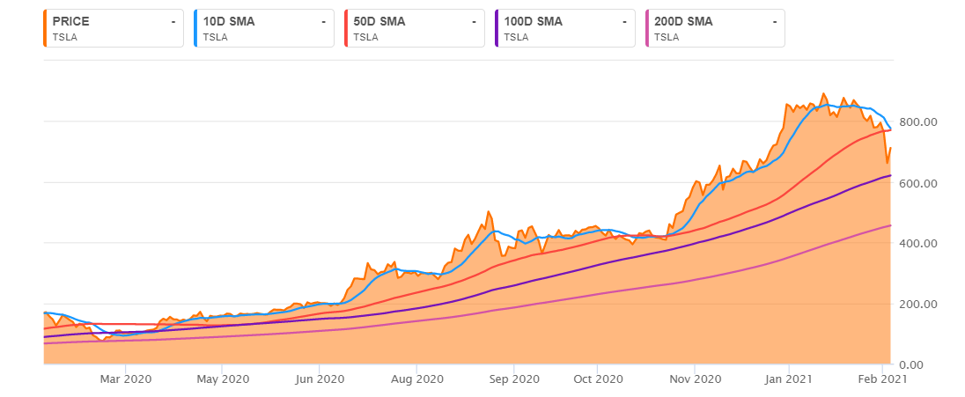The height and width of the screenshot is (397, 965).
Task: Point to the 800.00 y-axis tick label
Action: tap(917, 122)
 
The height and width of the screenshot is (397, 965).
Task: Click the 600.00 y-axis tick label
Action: tap(917, 183)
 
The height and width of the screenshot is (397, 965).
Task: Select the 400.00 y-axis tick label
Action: tap(917, 244)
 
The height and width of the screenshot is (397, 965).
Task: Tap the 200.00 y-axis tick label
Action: tap(917, 305)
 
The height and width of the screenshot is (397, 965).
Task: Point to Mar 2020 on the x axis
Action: tap(126, 379)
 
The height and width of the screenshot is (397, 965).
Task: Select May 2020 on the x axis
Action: tap(223, 379)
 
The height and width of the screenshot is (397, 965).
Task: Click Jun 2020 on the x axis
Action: tap(319, 379)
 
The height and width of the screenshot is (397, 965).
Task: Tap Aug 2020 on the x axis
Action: tap(416, 379)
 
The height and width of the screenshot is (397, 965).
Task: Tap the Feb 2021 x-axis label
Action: tap(881, 379)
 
